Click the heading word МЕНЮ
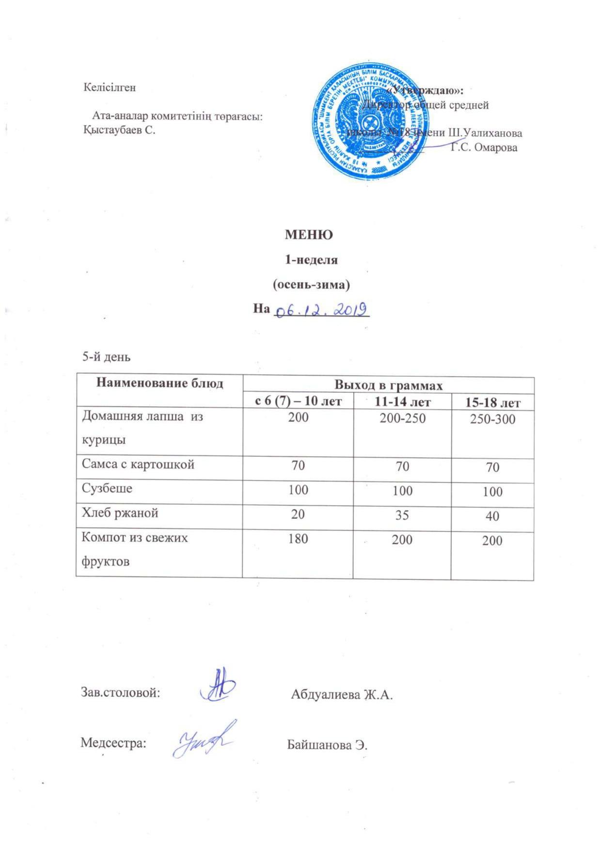click(x=308, y=235)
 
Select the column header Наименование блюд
click(x=159, y=384)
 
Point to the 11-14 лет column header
click(x=401, y=401)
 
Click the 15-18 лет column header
click(x=492, y=402)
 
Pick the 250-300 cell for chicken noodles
click(x=492, y=420)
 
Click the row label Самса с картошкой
click(x=138, y=465)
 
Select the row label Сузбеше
click(x=107, y=488)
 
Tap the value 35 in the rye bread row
click(x=401, y=515)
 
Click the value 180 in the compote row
click(x=298, y=538)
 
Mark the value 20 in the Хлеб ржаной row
click(x=298, y=514)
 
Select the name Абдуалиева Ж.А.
click(x=342, y=695)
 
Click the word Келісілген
click(x=110, y=88)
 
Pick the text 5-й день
click(x=106, y=357)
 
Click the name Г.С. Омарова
click(x=484, y=147)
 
